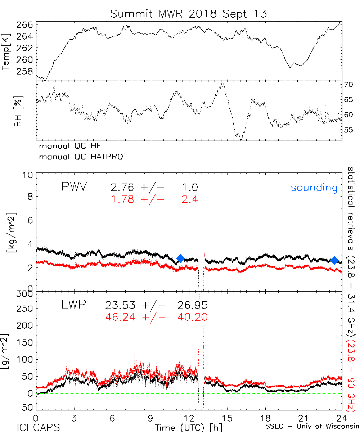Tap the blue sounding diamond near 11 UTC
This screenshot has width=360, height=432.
tap(181, 258)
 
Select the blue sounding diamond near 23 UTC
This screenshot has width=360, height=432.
tap(334, 260)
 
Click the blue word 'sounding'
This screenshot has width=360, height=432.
tap(314, 188)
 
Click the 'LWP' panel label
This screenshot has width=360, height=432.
tap(73, 306)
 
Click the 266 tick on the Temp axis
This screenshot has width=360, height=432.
tap(25, 24)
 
